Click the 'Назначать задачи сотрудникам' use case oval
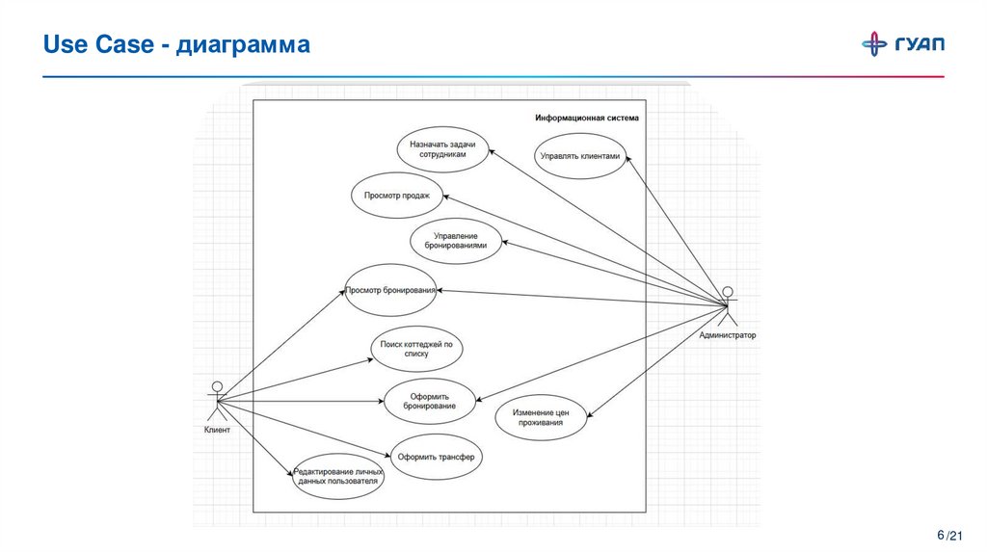[x=442, y=149]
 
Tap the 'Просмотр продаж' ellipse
[x=397, y=197]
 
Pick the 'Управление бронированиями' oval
[x=456, y=240]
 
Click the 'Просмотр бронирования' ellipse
[x=390, y=289]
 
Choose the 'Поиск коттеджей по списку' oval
[x=416, y=349]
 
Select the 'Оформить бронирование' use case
[x=430, y=401]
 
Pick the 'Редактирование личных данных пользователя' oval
[x=338, y=476]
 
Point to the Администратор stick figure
[x=729, y=305]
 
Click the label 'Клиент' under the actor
[x=217, y=431]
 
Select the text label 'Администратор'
[x=729, y=336]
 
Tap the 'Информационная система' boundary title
[x=587, y=118]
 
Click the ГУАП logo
[x=902, y=44]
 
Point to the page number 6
[x=940, y=535]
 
